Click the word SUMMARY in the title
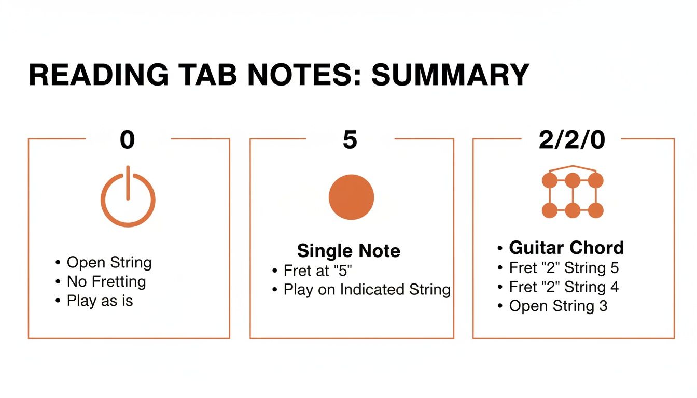[x=450, y=75]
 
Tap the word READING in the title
[x=98, y=75]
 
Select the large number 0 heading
[x=128, y=140]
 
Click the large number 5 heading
[x=350, y=140]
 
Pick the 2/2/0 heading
[x=571, y=140]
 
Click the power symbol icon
[x=128, y=198]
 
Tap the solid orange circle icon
[x=351, y=197]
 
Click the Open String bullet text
[x=109, y=263]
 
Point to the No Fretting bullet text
[x=106, y=282]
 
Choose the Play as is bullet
[x=100, y=301]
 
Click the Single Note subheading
[x=348, y=251]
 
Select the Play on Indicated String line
[x=367, y=289]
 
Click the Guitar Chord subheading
[x=566, y=248]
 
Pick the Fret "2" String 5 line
[x=564, y=268]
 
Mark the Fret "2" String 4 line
[x=564, y=287]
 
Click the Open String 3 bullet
[x=558, y=306]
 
